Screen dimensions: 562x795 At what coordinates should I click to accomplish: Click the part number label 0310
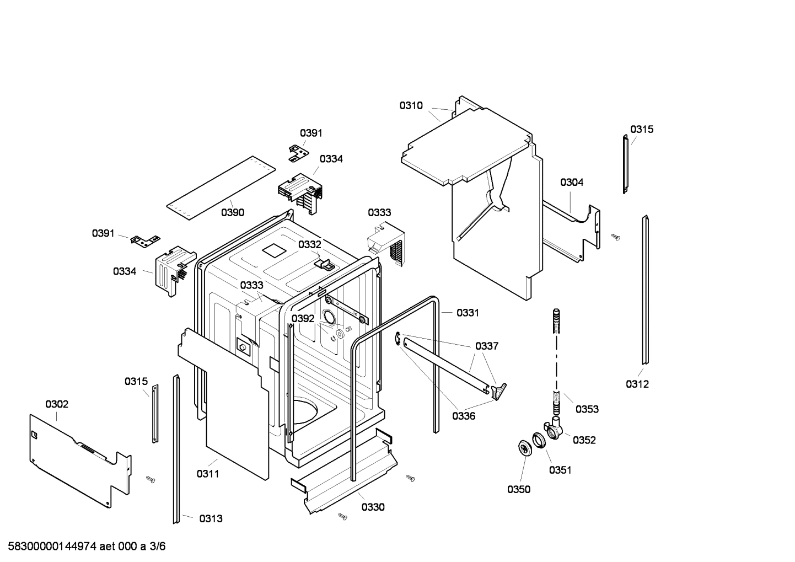pos(411,105)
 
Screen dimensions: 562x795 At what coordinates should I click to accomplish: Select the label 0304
pos(572,182)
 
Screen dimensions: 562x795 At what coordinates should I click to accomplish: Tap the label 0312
pos(637,384)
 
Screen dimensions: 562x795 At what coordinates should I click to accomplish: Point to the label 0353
pos(587,409)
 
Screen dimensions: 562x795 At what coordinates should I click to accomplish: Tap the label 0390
pos(233,212)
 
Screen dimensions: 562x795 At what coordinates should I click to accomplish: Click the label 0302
pos(57,404)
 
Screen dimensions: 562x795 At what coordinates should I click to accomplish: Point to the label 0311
pos(208,473)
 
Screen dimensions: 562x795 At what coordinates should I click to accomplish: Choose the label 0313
pos(211,518)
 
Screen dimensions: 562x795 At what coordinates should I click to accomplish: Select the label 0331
pos(468,313)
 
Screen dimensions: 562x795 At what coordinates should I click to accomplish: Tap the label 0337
pos(487,346)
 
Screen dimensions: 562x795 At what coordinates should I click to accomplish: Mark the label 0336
pos(464,416)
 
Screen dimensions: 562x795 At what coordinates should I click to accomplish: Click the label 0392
pos(303,318)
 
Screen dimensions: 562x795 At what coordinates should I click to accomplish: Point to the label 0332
pos(309,244)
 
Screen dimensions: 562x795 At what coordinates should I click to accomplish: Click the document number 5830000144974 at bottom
pos(49,547)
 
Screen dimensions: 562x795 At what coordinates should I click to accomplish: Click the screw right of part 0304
pos(616,237)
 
